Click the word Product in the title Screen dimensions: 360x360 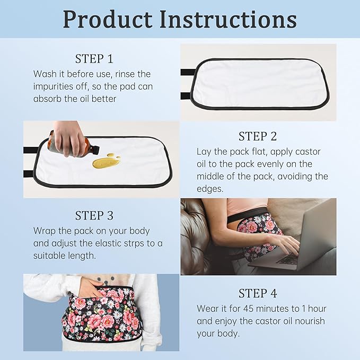(108, 20)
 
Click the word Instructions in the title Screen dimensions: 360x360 (228, 20)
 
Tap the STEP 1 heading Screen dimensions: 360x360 (94, 59)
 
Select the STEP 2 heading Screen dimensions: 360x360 (258, 136)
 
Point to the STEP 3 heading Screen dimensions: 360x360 (94, 216)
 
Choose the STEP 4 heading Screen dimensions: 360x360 (258, 293)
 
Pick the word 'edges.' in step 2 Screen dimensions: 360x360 (210, 189)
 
